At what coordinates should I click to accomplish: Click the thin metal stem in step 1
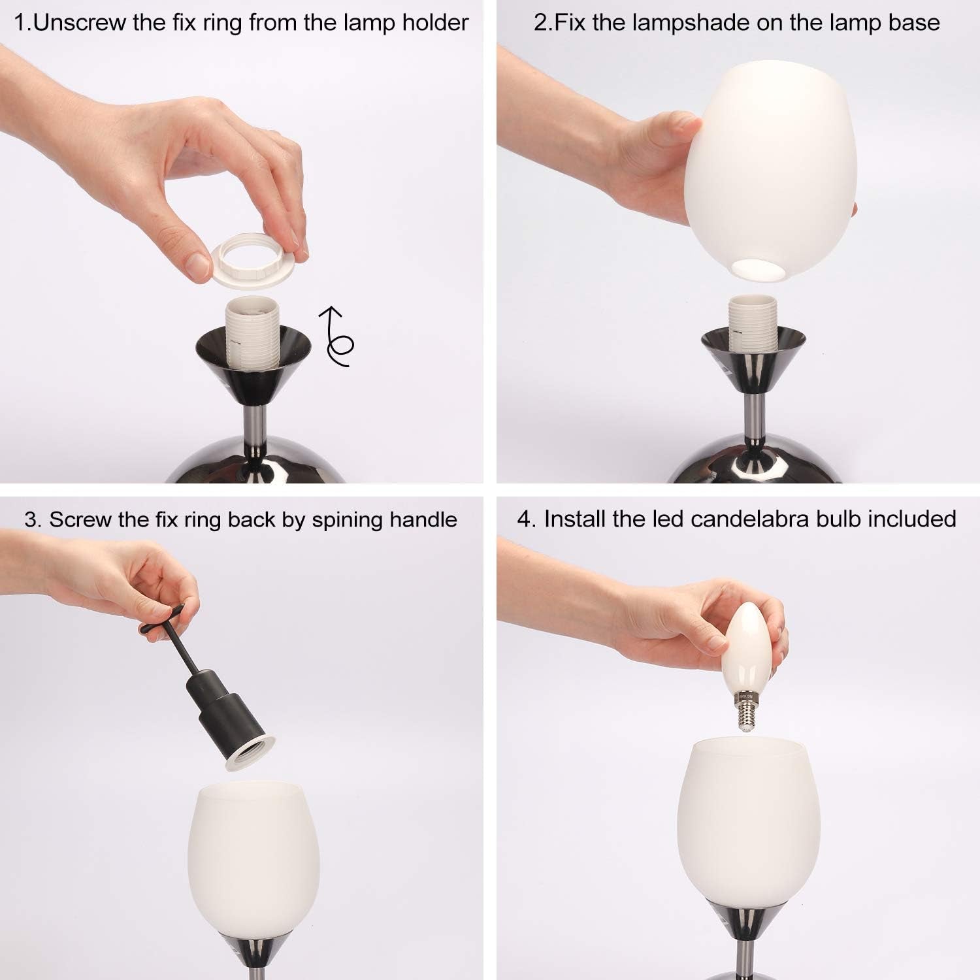[255, 425]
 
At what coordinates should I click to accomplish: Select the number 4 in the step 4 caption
[523, 519]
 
